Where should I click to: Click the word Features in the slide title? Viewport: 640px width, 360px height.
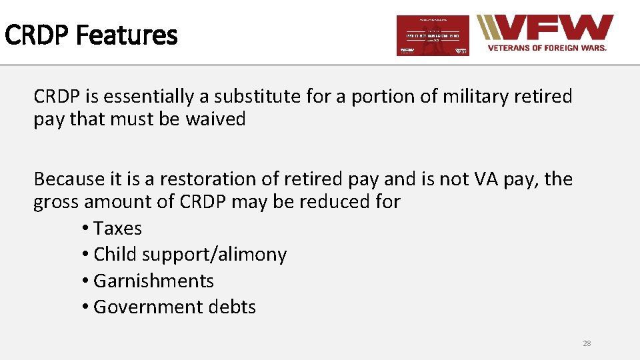tap(127, 35)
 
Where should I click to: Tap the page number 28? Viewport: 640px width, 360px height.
tap(587, 343)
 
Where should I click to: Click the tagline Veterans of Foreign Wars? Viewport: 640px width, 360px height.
tap(547, 48)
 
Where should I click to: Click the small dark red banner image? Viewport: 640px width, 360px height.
tap(433, 35)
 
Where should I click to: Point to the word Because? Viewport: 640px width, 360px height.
tap(69, 179)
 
